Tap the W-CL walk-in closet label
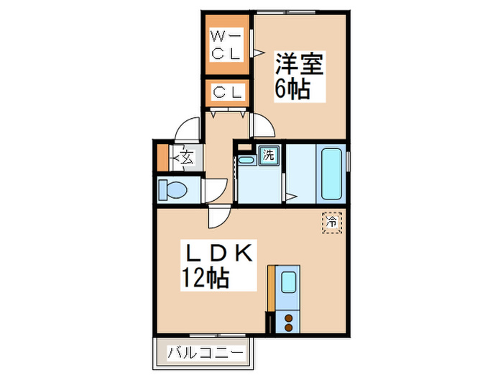(x=228, y=45)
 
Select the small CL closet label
(x=228, y=92)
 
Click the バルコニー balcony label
(x=206, y=354)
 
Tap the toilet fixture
(x=173, y=191)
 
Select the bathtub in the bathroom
(x=331, y=174)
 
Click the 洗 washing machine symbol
(x=268, y=154)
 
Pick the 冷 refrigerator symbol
(x=332, y=222)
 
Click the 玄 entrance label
(x=185, y=156)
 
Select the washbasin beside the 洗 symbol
(x=247, y=160)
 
